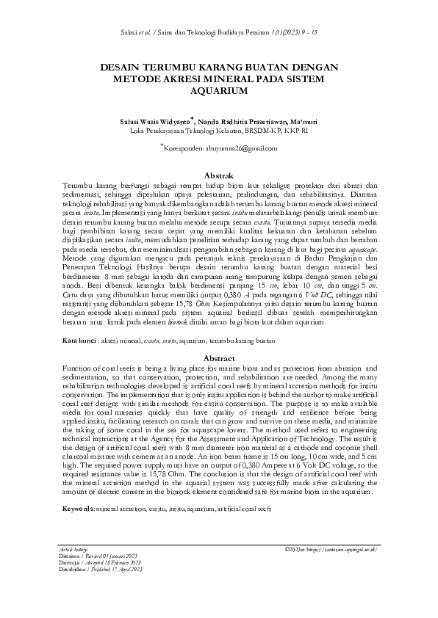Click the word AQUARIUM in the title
pos(218,91)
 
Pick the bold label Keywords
pos(79,508)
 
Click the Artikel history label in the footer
pos(73,570)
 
